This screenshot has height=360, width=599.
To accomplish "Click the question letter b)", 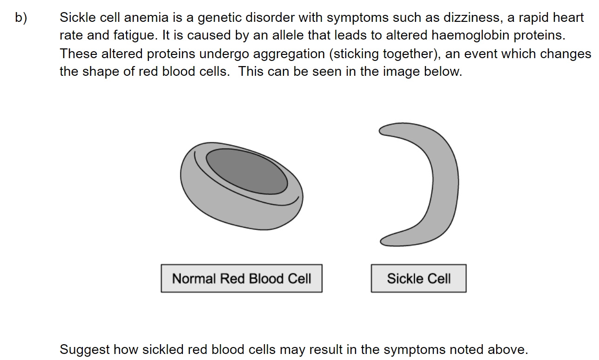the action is pyautogui.click(x=21, y=18).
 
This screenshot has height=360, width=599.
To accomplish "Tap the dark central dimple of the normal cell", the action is pyautogui.click(x=247, y=171).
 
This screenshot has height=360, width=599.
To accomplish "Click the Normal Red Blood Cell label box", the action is pyautogui.click(x=242, y=278).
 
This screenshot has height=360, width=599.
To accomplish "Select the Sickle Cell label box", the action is pyautogui.click(x=418, y=278).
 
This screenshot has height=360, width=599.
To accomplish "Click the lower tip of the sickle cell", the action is pyautogui.click(x=381, y=242).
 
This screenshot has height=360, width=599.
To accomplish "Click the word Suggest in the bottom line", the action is pyautogui.click(x=85, y=350).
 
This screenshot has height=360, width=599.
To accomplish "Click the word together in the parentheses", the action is pyautogui.click(x=409, y=53).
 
